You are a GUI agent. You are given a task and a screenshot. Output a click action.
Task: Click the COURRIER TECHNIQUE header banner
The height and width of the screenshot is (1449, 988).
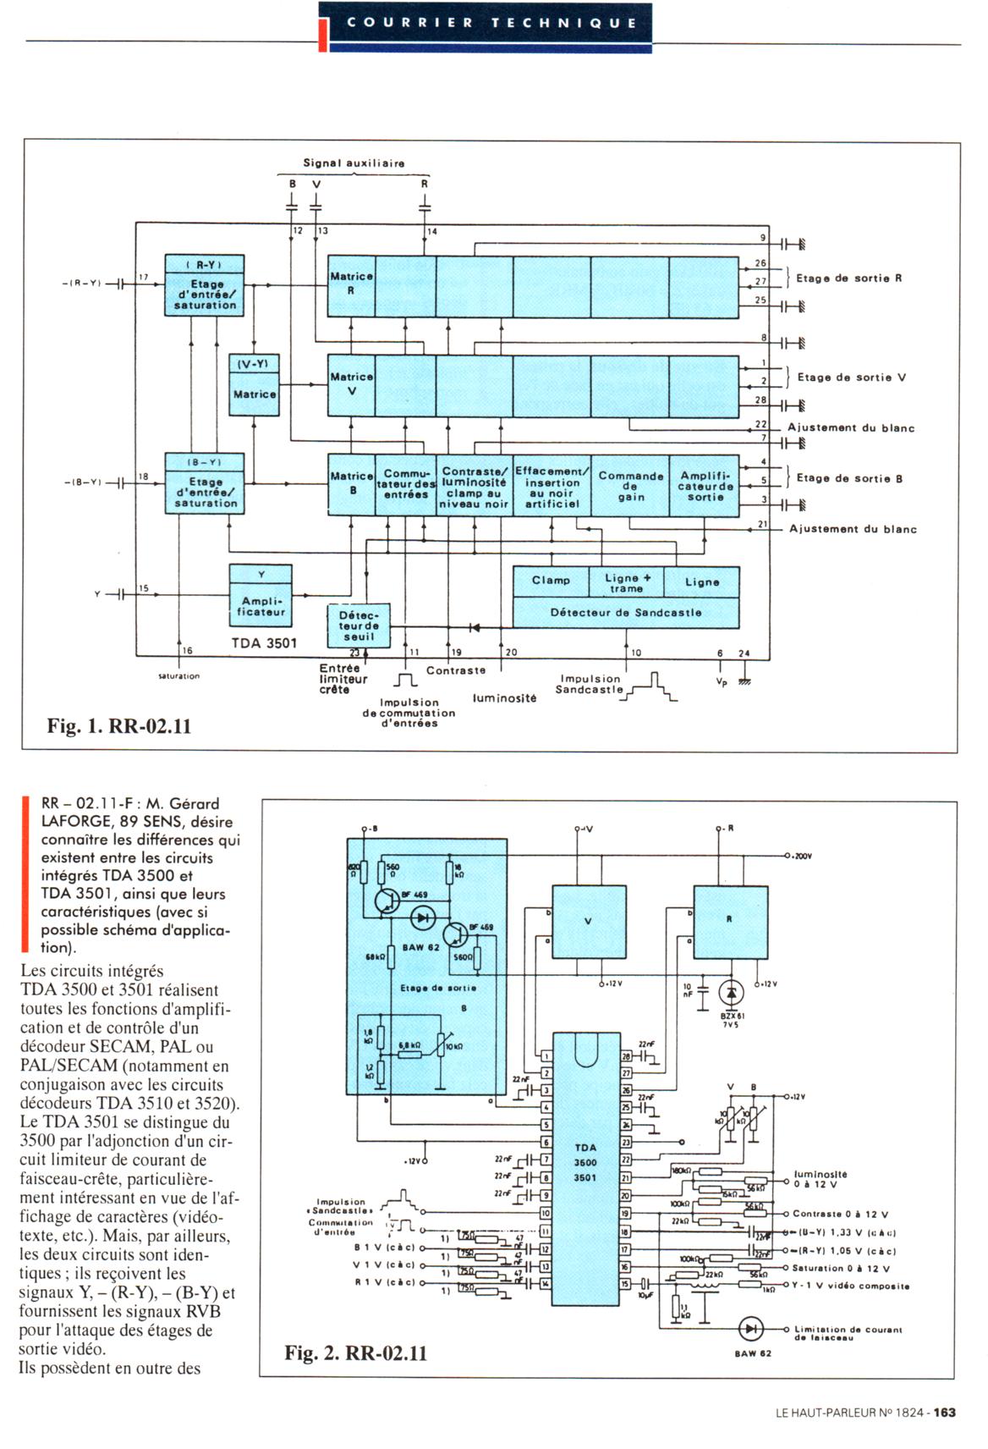click(x=491, y=24)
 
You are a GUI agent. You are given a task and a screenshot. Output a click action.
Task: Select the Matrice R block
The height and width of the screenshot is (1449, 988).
click(x=351, y=284)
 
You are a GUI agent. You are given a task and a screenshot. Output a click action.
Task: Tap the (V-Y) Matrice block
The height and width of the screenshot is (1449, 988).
click(x=255, y=385)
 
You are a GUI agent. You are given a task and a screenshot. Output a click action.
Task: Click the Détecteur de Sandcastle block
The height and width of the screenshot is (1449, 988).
click(x=626, y=612)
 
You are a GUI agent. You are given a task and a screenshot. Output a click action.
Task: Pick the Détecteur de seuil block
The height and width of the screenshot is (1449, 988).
click(x=360, y=625)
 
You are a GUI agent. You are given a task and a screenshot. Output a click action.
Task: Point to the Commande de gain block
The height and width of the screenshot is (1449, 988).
click(x=630, y=486)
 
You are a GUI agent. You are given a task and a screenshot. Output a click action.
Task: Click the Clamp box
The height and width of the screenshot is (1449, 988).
click(x=551, y=581)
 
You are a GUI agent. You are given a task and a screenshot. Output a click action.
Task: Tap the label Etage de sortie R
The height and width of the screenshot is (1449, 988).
click(x=848, y=278)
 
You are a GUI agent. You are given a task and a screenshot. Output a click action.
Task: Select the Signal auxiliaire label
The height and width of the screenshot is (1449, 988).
click(x=354, y=163)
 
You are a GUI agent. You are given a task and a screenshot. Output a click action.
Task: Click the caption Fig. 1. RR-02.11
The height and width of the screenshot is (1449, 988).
click(x=119, y=726)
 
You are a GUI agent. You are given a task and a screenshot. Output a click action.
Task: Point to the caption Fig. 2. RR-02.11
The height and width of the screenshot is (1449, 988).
click(x=355, y=1353)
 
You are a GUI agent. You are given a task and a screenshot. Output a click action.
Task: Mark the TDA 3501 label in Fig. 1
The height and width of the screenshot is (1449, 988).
click(x=264, y=643)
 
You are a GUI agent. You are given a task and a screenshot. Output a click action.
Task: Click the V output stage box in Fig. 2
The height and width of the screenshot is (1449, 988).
click(x=590, y=922)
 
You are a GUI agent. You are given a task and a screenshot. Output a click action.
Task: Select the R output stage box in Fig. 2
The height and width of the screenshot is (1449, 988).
click(x=730, y=922)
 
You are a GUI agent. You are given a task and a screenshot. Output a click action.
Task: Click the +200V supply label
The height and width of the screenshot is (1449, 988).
click(x=799, y=856)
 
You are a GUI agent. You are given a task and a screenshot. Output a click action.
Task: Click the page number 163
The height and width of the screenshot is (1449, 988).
click(x=945, y=1413)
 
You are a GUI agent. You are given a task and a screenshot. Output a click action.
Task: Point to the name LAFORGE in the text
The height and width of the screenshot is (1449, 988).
click(x=77, y=821)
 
